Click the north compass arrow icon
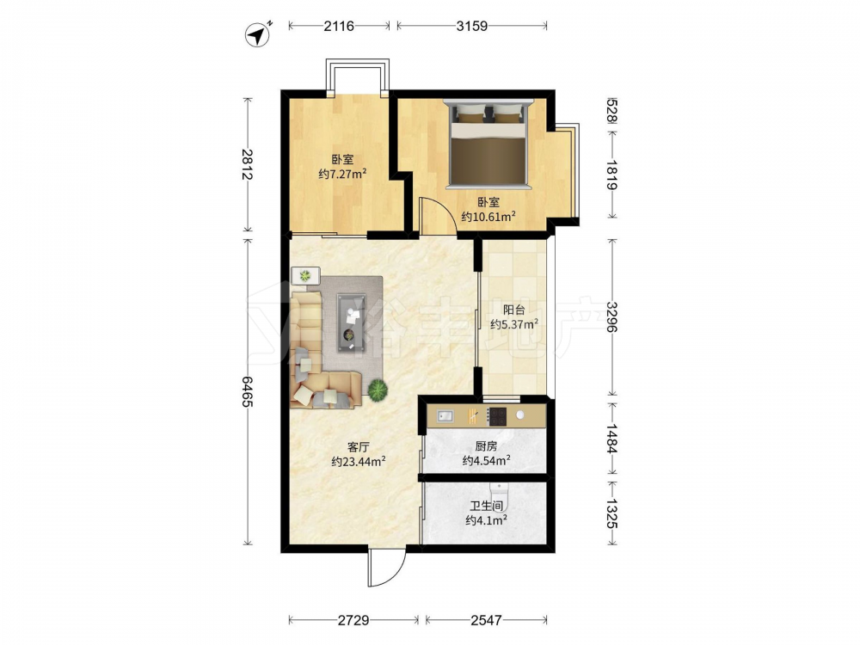pos(257,34)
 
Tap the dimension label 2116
pos(338,25)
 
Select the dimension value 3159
pos(471,25)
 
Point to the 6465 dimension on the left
pos(247,392)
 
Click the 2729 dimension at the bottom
pos(353,620)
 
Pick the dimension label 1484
pos(612,439)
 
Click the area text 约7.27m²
pos(343,175)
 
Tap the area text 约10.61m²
pos(488,217)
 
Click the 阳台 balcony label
pos(514,310)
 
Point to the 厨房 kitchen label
pos(487,446)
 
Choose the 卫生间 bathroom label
pos(487,506)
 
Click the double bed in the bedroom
pos(488,144)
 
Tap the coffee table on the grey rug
pos(352,323)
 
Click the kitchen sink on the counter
pos(445,416)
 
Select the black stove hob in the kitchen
pos(497,416)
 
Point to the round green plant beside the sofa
pos(378,390)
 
